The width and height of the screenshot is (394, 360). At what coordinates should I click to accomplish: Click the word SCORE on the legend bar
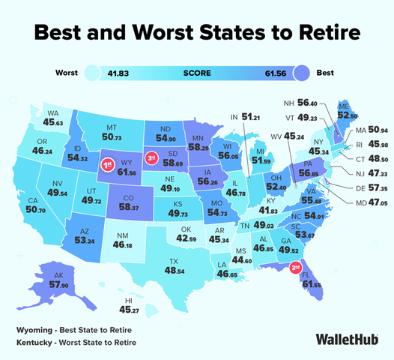click(197, 73)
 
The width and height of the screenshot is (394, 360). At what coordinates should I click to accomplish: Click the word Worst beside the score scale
click(68, 73)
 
